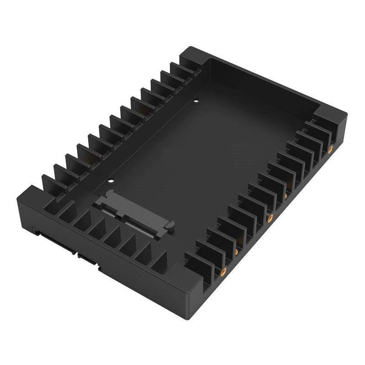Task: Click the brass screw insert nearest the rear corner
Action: pos(330,149)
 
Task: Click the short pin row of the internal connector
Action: pos(109,212)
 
